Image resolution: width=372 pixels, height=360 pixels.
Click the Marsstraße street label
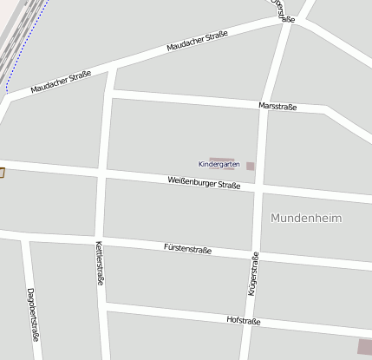(277, 107)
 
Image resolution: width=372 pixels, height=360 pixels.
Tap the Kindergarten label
(219, 164)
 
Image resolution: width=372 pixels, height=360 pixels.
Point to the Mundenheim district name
(306, 218)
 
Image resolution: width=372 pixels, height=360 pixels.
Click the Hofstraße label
(244, 320)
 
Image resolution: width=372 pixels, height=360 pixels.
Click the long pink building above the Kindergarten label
(222, 158)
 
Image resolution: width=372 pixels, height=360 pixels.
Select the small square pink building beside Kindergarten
(250, 166)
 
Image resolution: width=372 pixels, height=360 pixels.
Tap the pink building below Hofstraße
(364, 347)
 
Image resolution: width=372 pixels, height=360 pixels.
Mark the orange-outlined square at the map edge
(2, 173)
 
